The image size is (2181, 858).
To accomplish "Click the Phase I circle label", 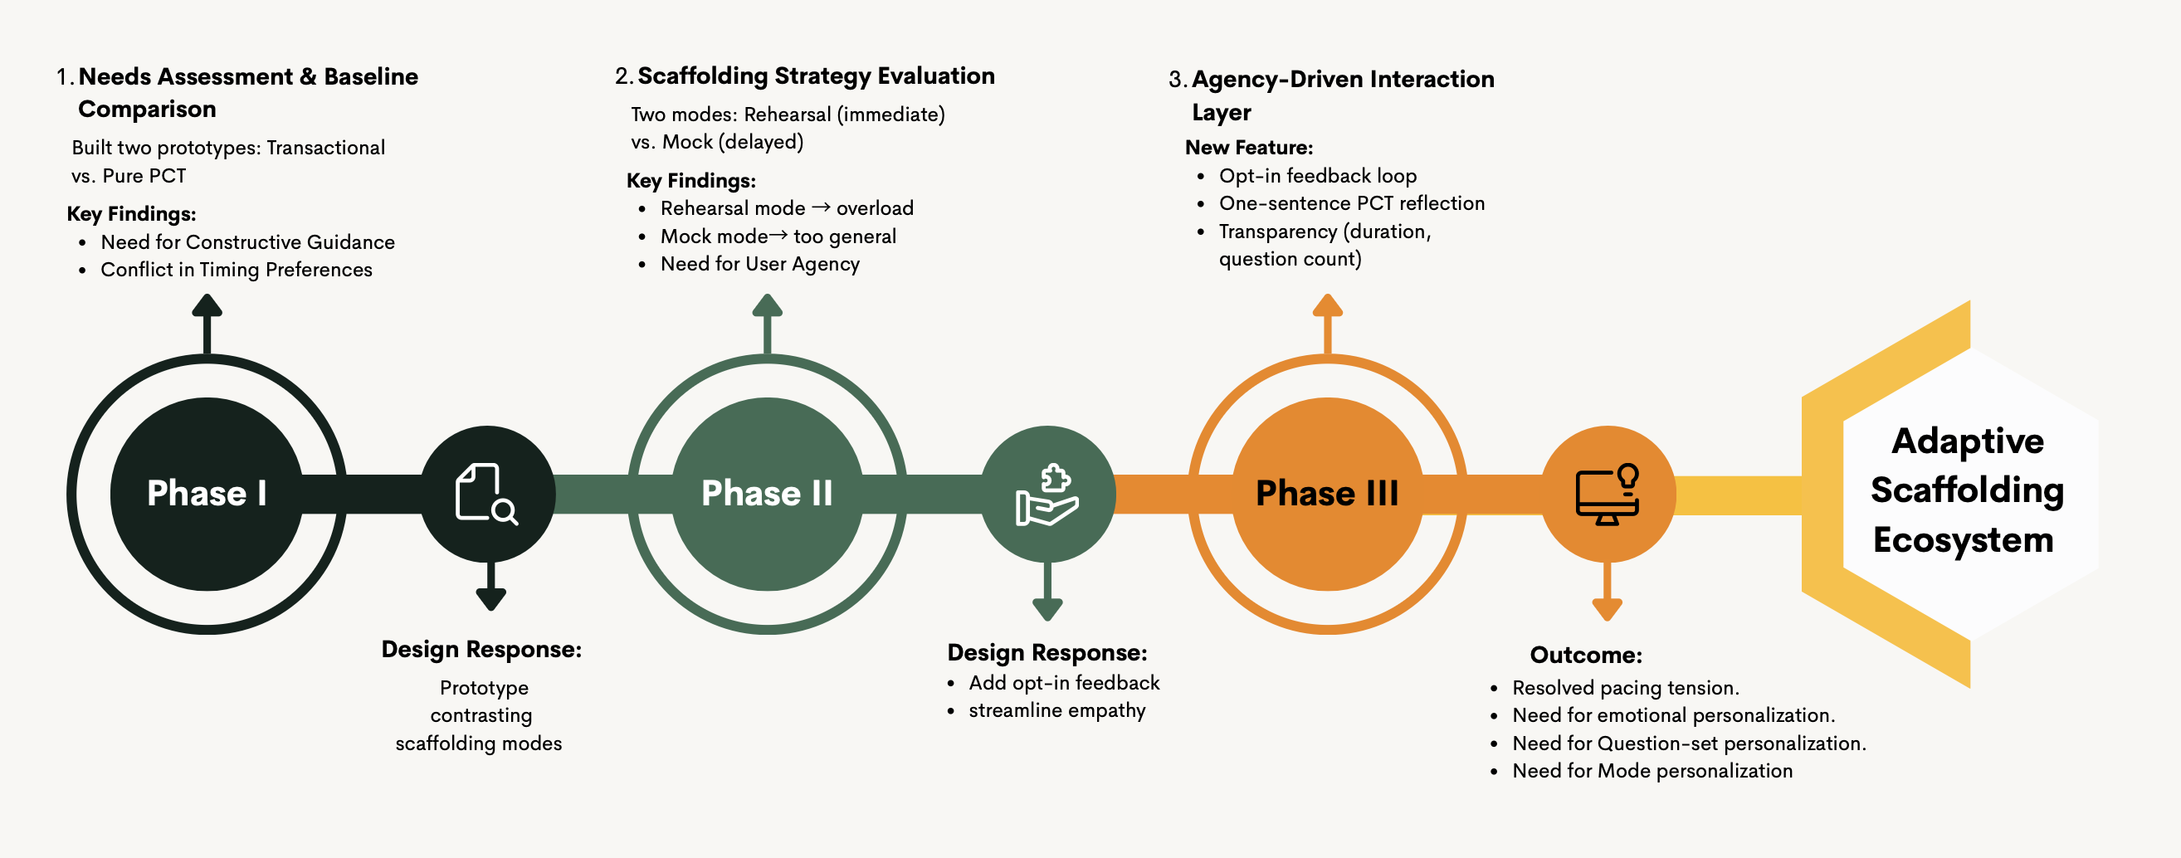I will tap(207, 493).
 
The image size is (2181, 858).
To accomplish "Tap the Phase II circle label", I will tap(767, 493).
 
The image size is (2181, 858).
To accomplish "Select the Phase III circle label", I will tap(1327, 493).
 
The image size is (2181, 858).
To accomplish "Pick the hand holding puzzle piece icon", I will tap(1047, 495).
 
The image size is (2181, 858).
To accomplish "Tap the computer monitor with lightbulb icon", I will tap(1607, 495).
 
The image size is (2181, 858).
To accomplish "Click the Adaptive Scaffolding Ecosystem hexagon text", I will tap(1966, 490).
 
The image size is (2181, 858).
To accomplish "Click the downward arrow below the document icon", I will tap(491, 587).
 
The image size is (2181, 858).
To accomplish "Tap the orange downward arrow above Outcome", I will tap(1607, 592).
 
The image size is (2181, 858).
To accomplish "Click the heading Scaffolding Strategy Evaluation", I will tap(815, 76).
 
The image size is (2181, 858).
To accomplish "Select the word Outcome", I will tap(1585, 655).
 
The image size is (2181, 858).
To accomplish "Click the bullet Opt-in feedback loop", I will tap(1317, 176).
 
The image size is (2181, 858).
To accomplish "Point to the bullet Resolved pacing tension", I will tap(1626, 688).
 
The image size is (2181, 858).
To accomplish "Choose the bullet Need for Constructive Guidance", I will tap(247, 242).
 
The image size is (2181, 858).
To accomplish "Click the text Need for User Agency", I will tap(759, 264).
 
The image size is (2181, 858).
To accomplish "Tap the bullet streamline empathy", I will tap(1056, 711).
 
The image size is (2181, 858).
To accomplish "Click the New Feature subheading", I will tap(1249, 147).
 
